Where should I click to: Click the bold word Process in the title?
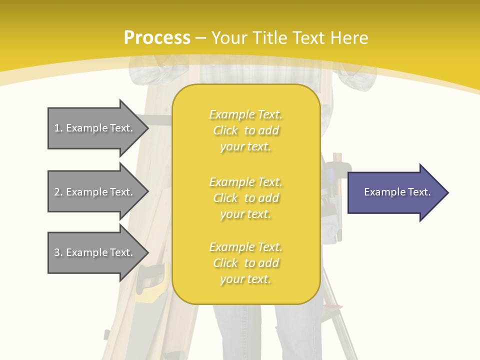click(157, 37)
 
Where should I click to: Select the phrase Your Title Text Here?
click(289, 38)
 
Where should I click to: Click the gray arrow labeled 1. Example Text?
click(95, 128)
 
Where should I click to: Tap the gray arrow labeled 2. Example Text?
click(95, 192)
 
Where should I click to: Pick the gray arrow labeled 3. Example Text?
click(95, 252)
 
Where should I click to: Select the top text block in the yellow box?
click(245, 130)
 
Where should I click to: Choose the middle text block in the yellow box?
click(245, 198)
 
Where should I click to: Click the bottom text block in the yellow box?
click(245, 263)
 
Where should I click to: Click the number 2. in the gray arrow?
click(58, 192)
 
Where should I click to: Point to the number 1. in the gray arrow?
click(58, 128)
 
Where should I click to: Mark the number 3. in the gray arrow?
click(58, 252)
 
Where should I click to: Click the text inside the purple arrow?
click(397, 192)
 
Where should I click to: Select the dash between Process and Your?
click(200, 38)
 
